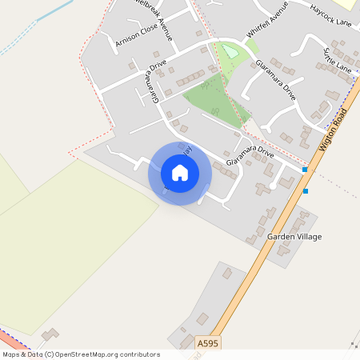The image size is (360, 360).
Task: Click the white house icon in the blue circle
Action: [x=180, y=173]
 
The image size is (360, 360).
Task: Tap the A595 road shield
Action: [x=207, y=342]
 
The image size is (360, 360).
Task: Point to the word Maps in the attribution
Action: [x=12, y=354]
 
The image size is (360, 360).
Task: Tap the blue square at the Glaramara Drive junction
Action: [x=304, y=170]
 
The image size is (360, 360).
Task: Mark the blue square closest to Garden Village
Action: [x=305, y=191]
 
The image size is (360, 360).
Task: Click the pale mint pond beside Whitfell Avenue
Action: [x=229, y=52]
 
